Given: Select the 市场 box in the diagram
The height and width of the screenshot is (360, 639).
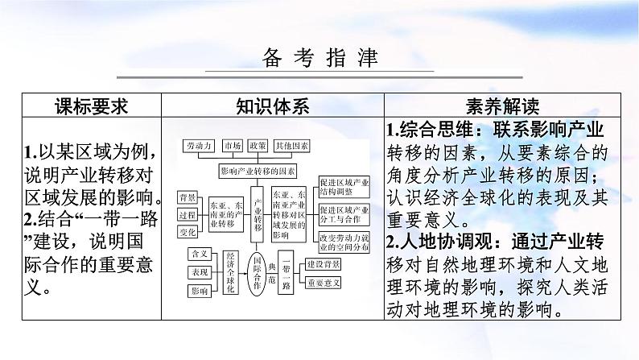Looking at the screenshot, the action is pos(233,146).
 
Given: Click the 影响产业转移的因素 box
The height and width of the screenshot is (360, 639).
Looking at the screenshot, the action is pos(257,172).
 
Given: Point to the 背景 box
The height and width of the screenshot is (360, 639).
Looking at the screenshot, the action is pos(188,197).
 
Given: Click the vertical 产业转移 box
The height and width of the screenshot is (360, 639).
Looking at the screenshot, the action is pos(258,217).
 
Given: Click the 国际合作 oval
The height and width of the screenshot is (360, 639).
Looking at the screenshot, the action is pos(258,278).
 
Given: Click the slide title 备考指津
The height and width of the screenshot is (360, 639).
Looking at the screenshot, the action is pos(319,59).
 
